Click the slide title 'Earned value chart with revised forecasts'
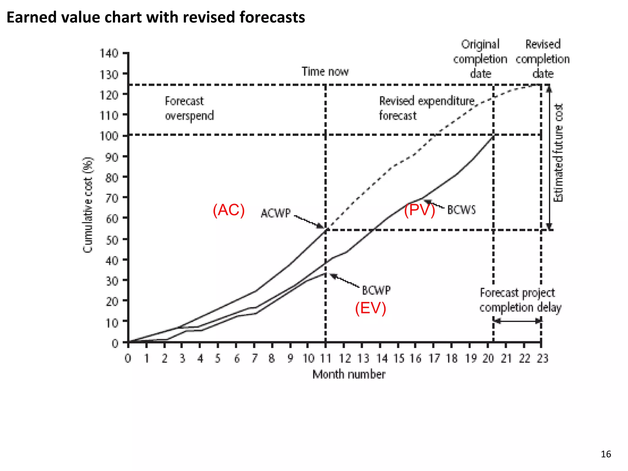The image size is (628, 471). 156,17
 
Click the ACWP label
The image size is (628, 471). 275,213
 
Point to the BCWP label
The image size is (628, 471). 376,290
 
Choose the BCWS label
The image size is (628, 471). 461,210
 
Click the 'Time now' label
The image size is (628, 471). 325,71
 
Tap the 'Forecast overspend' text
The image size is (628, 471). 189,108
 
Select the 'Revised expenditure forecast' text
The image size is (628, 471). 426,108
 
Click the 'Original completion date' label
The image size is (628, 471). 480,59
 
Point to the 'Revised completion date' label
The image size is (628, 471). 542,59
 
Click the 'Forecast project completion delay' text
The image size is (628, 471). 520,300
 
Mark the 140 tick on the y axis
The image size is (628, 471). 109,53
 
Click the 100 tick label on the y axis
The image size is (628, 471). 109,136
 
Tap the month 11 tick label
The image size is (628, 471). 326,358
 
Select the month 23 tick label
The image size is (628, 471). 542,358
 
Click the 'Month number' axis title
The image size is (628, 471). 349,374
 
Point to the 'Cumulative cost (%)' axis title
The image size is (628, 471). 88,205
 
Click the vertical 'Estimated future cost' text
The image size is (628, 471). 558,153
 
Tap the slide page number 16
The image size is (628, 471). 606,454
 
